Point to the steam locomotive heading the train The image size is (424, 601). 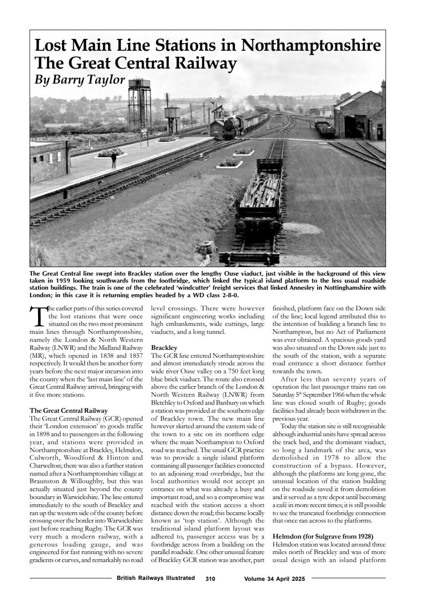click(231, 126)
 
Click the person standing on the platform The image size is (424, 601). click(113, 161)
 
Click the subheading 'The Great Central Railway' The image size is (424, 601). click(68, 410)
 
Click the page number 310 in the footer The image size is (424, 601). click(210, 579)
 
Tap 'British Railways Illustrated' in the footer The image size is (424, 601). click(155, 578)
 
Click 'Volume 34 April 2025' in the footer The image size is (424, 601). click(274, 579)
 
